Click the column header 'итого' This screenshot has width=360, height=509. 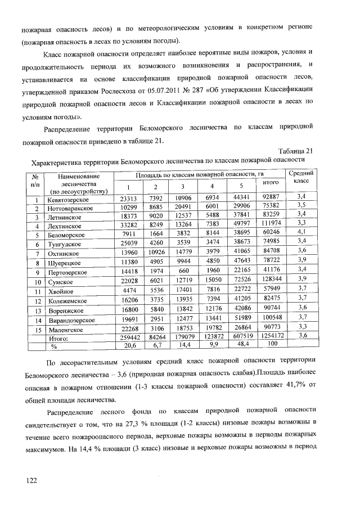(x=271, y=183)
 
